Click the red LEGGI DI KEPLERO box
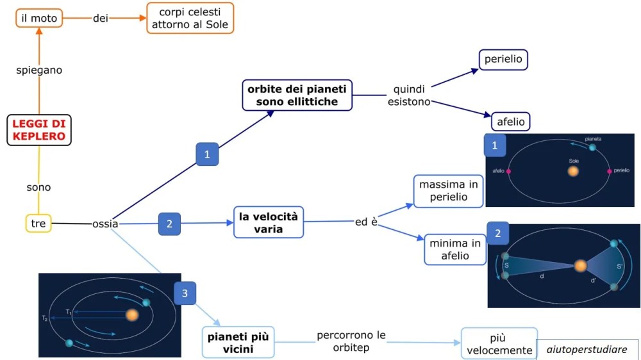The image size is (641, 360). [39, 129]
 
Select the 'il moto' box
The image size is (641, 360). [39, 19]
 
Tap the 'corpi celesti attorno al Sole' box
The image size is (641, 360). [190, 19]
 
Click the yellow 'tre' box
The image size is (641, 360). [38, 223]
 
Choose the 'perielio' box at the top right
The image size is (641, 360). [503, 60]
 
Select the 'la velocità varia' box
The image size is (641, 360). [267, 222]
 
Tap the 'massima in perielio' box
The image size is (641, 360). [448, 191]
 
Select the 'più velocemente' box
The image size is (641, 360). [499, 343]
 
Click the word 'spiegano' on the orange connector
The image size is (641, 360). [39, 70]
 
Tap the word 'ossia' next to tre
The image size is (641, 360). [105, 224]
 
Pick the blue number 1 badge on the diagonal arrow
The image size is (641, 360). [207, 154]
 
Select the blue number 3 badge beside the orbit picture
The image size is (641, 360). [185, 293]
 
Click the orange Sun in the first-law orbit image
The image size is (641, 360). [573, 171]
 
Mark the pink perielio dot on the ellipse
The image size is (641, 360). [610, 171]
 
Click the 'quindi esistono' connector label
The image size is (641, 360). [409, 95]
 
